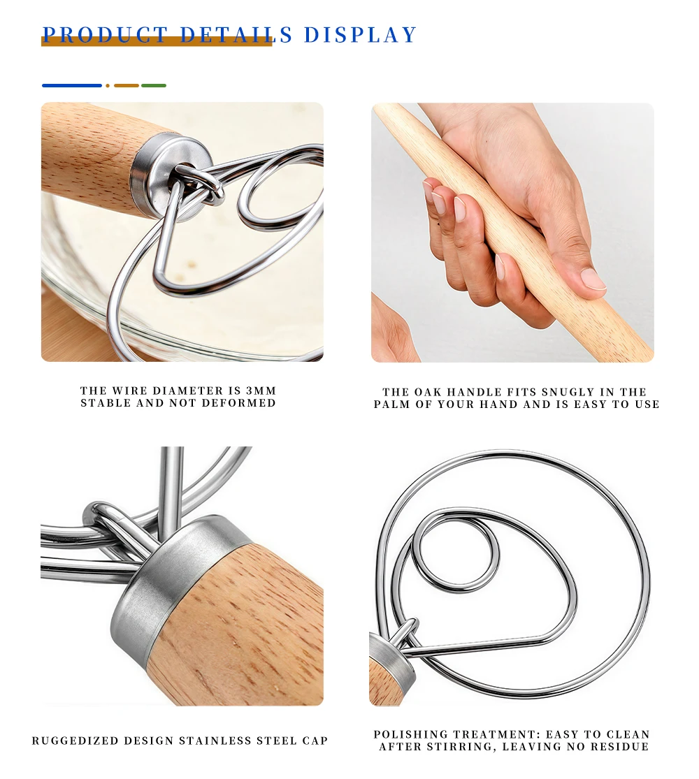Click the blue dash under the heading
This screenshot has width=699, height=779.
[72, 86]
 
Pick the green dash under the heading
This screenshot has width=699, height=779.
[154, 86]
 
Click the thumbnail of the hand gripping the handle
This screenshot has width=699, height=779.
[512, 233]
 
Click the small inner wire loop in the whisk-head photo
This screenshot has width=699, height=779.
[455, 552]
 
